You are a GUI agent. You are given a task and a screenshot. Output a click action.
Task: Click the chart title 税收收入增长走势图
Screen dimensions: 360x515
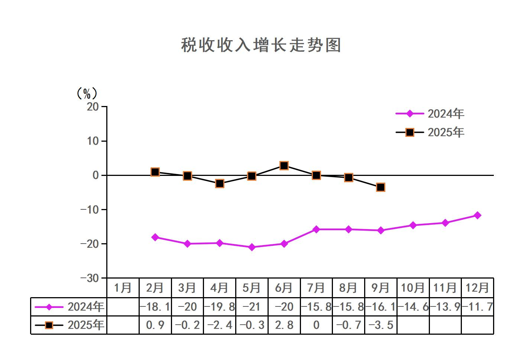pyautogui.click(x=261, y=45)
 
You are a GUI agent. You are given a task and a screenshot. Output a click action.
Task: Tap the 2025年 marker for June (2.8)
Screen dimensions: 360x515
pyautogui.click(x=284, y=165)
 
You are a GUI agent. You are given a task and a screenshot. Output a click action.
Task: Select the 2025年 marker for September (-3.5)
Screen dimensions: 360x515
pyautogui.click(x=380, y=187)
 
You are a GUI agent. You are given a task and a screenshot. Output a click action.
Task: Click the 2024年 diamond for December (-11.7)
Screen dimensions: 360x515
pyautogui.click(x=477, y=215)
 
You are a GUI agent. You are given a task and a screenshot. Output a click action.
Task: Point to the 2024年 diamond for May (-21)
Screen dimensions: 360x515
pyautogui.click(x=252, y=247)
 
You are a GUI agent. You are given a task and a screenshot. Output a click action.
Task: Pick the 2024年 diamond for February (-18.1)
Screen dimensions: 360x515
pyautogui.click(x=155, y=237)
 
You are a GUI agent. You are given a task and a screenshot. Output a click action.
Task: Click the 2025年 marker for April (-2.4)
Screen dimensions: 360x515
pyautogui.click(x=220, y=183)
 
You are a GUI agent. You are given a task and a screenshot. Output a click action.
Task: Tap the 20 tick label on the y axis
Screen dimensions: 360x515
pyautogui.click(x=93, y=107)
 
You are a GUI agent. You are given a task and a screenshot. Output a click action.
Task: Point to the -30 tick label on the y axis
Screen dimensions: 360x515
pyautogui.click(x=90, y=278)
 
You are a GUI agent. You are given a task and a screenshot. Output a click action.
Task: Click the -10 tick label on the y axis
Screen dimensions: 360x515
pyautogui.click(x=90, y=210)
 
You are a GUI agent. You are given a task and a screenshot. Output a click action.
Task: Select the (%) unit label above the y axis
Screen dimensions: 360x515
pyautogui.click(x=86, y=93)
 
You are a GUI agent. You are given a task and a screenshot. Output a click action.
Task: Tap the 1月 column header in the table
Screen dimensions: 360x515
pyautogui.click(x=123, y=288)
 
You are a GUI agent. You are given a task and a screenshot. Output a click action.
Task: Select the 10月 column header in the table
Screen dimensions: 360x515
pyautogui.click(x=413, y=288)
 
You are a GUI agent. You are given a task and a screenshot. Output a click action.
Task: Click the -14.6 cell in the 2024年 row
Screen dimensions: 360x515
pyautogui.click(x=413, y=307)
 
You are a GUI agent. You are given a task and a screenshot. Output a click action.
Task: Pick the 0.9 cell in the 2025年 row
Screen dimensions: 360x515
pyautogui.click(x=155, y=325)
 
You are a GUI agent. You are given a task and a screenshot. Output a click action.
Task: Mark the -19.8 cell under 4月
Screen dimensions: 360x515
pyautogui.click(x=220, y=307)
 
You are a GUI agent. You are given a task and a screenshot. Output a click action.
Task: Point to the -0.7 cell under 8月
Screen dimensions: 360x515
pyautogui.click(x=349, y=325)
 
